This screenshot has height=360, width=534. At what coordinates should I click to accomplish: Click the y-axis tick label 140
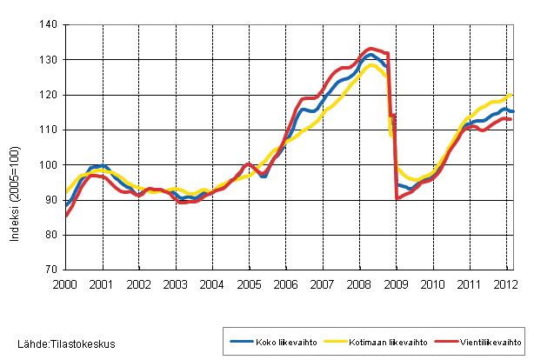49,25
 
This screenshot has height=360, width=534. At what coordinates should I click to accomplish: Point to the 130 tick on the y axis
49,60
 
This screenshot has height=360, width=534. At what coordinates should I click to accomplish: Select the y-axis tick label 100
49,165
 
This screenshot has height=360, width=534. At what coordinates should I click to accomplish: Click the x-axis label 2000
66,283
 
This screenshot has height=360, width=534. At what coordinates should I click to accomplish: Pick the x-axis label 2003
176,283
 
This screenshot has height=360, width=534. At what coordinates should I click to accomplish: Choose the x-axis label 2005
249,283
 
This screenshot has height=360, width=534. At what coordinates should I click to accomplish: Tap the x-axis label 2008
358,283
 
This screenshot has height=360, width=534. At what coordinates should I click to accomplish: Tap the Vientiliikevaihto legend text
489,342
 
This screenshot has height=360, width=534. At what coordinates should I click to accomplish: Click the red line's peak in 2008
371,49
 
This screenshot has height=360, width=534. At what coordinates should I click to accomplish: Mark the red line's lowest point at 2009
397,198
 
